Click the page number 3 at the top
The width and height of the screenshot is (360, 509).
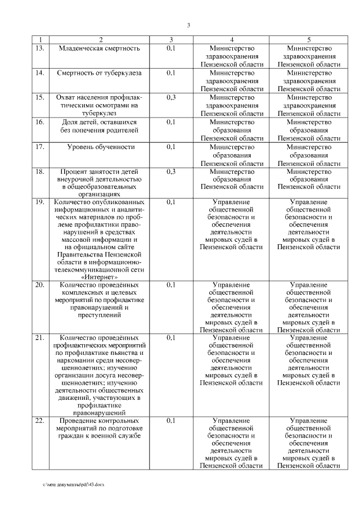pos(188,25)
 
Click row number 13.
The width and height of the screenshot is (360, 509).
pos(39,48)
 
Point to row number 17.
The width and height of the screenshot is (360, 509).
pos(39,147)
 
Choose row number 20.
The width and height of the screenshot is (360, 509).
pos(39,285)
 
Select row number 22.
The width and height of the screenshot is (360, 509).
pos(39,420)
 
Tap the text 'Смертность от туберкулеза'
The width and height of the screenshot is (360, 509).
pos(100,73)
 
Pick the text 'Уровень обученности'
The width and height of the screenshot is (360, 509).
pos(101,147)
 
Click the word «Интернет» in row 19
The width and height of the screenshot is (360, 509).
pos(100,277)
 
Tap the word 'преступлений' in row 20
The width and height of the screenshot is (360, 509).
pos(101,316)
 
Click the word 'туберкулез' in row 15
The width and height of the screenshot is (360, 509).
pos(101,112)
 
